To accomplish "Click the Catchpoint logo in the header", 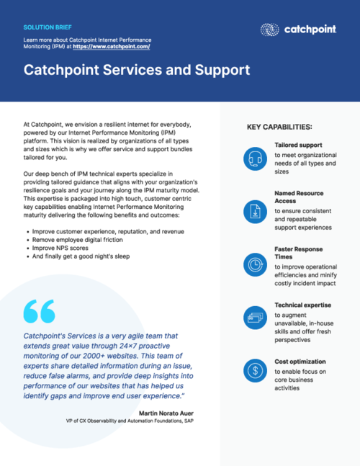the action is click(x=297, y=30).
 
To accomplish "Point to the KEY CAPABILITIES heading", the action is click(x=279, y=127).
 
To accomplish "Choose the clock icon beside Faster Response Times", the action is click(x=255, y=263).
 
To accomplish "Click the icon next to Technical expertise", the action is click(x=255, y=315).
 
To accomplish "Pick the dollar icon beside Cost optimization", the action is click(x=255, y=370).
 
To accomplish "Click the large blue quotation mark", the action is click(x=39, y=311).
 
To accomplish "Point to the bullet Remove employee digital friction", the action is click(x=82, y=239).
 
